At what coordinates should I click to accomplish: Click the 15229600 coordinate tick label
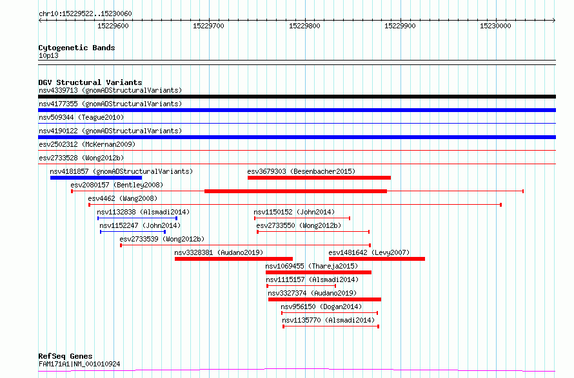[113, 26]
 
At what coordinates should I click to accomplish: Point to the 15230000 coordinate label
[495, 26]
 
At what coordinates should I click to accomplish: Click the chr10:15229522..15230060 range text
[85, 14]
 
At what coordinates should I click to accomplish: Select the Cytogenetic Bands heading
[77, 48]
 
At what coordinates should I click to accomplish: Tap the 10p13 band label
[48, 55]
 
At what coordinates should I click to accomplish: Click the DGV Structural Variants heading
[90, 82]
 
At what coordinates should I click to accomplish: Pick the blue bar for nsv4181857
[96, 178]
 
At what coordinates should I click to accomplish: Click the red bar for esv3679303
[319, 178]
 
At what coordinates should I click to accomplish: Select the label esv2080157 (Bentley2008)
[117, 185]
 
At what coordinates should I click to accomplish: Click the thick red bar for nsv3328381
[233, 259]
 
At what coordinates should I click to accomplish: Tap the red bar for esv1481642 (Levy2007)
[377, 259]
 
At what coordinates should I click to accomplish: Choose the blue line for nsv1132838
[137, 218]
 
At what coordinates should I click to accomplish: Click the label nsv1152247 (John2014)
[140, 225]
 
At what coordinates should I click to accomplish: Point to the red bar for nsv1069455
[319, 273]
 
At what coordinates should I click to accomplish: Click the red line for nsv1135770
[331, 326]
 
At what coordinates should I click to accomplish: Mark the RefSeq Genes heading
[65, 356]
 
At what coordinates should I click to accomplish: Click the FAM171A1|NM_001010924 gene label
[79, 364]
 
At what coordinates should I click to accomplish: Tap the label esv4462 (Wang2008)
[123, 198]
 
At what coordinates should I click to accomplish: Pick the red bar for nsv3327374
[324, 300]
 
